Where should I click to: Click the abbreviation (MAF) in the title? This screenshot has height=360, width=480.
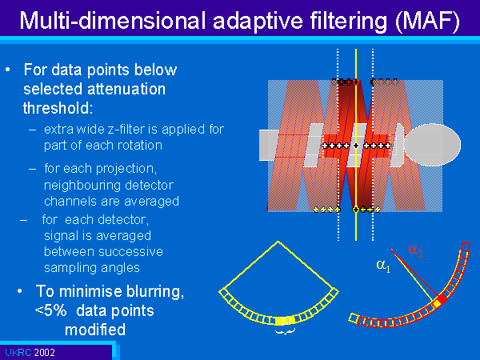click(428, 21)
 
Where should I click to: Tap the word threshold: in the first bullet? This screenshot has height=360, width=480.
click(58, 108)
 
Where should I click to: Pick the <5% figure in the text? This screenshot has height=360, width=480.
click(51, 310)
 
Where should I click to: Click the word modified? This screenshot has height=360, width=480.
click(95, 330)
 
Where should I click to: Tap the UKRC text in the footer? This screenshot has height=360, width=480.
click(18, 353)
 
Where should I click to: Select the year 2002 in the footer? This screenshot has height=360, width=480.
click(44, 353)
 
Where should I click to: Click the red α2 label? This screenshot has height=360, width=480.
click(415, 250)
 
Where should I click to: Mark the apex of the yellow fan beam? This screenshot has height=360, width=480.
click(278, 242)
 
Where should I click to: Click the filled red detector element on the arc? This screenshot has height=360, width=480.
click(442, 298)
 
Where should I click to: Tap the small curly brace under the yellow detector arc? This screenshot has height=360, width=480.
click(285, 331)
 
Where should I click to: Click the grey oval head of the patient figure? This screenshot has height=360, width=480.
click(432, 145)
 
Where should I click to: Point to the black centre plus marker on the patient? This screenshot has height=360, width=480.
click(356, 146)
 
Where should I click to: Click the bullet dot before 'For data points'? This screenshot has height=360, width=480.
click(8, 70)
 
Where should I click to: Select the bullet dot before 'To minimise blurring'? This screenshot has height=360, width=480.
click(19, 291)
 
